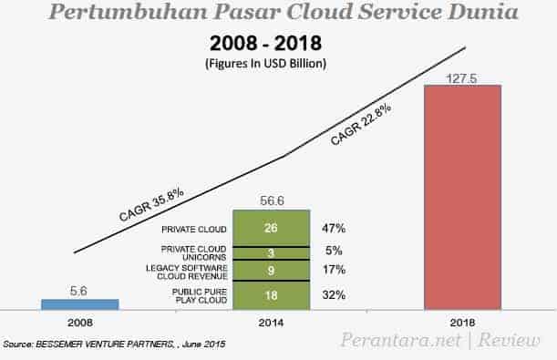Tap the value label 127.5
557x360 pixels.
pos(460,77)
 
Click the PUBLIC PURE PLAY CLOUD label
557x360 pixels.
pos(193,295)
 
